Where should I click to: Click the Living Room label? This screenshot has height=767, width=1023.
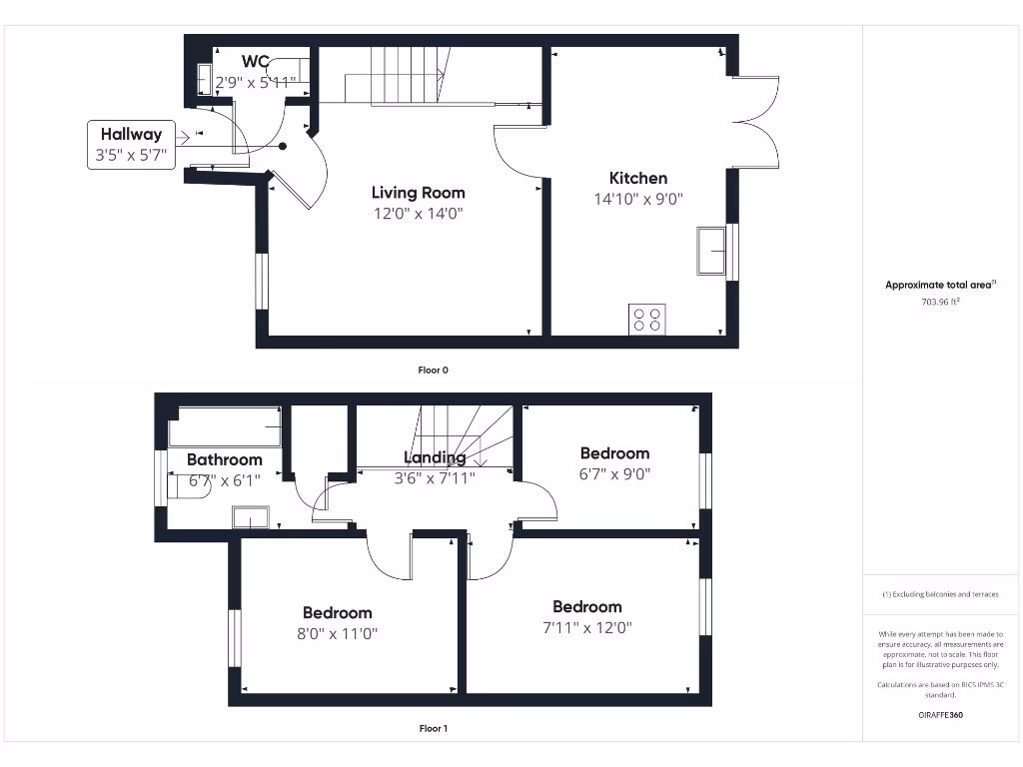click(x=418, y=193)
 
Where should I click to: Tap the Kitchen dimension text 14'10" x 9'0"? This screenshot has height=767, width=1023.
click(x=637, y=199)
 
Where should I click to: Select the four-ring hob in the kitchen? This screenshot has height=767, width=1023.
click(x=646, y=319)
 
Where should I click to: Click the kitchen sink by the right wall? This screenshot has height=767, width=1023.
click(x=711, y=250)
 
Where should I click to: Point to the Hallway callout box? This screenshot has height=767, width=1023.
click(x=130, y=145)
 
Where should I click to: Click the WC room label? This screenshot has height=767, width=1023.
click(x=255, y=62)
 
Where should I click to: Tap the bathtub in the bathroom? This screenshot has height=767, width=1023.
click(x=224, y=427)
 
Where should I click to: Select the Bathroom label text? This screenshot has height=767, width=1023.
click(x=225, y=459)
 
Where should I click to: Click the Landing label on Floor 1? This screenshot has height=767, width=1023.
click(x=435, y=457)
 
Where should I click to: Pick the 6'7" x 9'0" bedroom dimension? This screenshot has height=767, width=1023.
click(x=614, y=474)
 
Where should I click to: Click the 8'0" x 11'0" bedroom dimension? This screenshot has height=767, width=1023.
click(x=338, y=634)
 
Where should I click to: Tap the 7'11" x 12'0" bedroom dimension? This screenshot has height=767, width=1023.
click(x=587, y=627)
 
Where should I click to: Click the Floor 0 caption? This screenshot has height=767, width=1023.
click(x=433, y=370)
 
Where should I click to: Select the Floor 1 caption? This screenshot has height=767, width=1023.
click(x=433, y=728)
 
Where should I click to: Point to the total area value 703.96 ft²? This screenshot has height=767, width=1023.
click(x=939, y=301)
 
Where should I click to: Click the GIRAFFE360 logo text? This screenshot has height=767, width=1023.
click(x=939, y=715)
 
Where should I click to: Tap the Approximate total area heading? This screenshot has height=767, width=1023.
click(x=939, y=285)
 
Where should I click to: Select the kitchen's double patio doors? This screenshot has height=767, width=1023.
click(x=757, y=122)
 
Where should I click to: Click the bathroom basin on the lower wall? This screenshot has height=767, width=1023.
click(x=250, y=516)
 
